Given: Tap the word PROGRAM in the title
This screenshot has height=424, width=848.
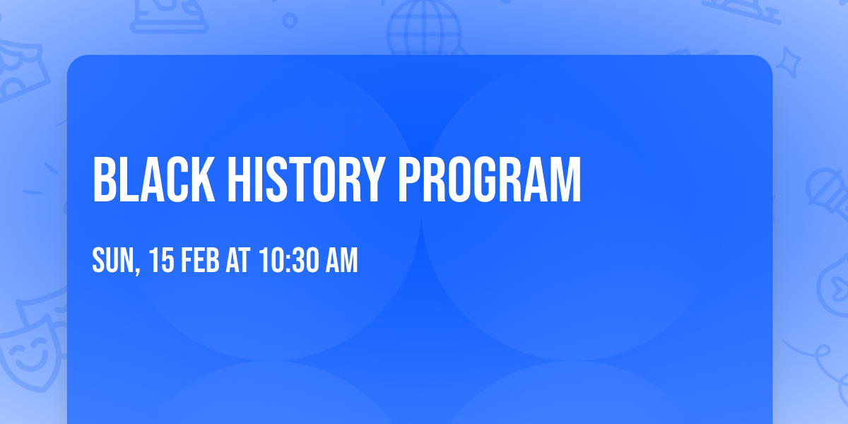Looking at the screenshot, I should [x=489, y=181].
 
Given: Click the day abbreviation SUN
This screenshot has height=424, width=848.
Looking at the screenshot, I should [x=112, y=261].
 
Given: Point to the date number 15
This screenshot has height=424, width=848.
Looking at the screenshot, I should [x=163, y=261].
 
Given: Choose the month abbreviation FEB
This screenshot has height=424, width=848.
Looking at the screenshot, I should [x=202, y=261].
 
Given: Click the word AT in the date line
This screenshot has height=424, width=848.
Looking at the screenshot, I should [x=239, y=261].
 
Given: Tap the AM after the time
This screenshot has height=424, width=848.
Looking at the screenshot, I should [x=341, y=261].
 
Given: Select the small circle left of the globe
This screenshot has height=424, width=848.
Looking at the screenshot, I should [x=290, y=21].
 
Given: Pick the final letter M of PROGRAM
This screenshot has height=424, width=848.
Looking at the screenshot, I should [x=567, y=181].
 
